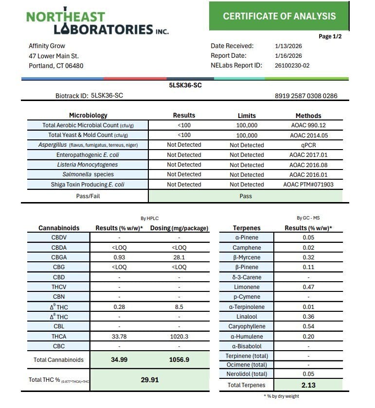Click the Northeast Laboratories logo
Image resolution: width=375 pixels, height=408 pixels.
(97, 22)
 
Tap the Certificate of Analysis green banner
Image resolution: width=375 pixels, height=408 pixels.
(279, 16)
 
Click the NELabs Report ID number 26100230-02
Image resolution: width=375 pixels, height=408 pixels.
(292, 66)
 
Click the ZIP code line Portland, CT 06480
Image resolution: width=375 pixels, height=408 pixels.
(56, 66)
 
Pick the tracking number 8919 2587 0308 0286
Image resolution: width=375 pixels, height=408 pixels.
(306, 96)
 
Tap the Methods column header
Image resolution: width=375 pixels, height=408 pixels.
(308, 116)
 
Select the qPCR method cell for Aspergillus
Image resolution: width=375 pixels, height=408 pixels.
(308, 145)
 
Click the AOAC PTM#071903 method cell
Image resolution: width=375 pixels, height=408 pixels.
(308, 185)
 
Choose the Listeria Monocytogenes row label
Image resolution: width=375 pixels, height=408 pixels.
(87, 165)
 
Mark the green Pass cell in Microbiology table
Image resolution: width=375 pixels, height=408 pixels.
(246, 196)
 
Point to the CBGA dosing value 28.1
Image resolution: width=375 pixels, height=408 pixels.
(179, 256)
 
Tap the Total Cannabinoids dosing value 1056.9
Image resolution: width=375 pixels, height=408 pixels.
(179, 360)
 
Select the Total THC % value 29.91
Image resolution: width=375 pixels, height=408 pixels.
(150, 380)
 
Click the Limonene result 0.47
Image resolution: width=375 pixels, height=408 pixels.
(306, 287)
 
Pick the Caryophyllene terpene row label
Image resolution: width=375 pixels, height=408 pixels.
(246, 327)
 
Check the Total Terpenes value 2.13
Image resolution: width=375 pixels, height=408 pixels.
(306, 385)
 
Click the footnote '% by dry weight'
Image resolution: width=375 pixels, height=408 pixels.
(281, 396)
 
